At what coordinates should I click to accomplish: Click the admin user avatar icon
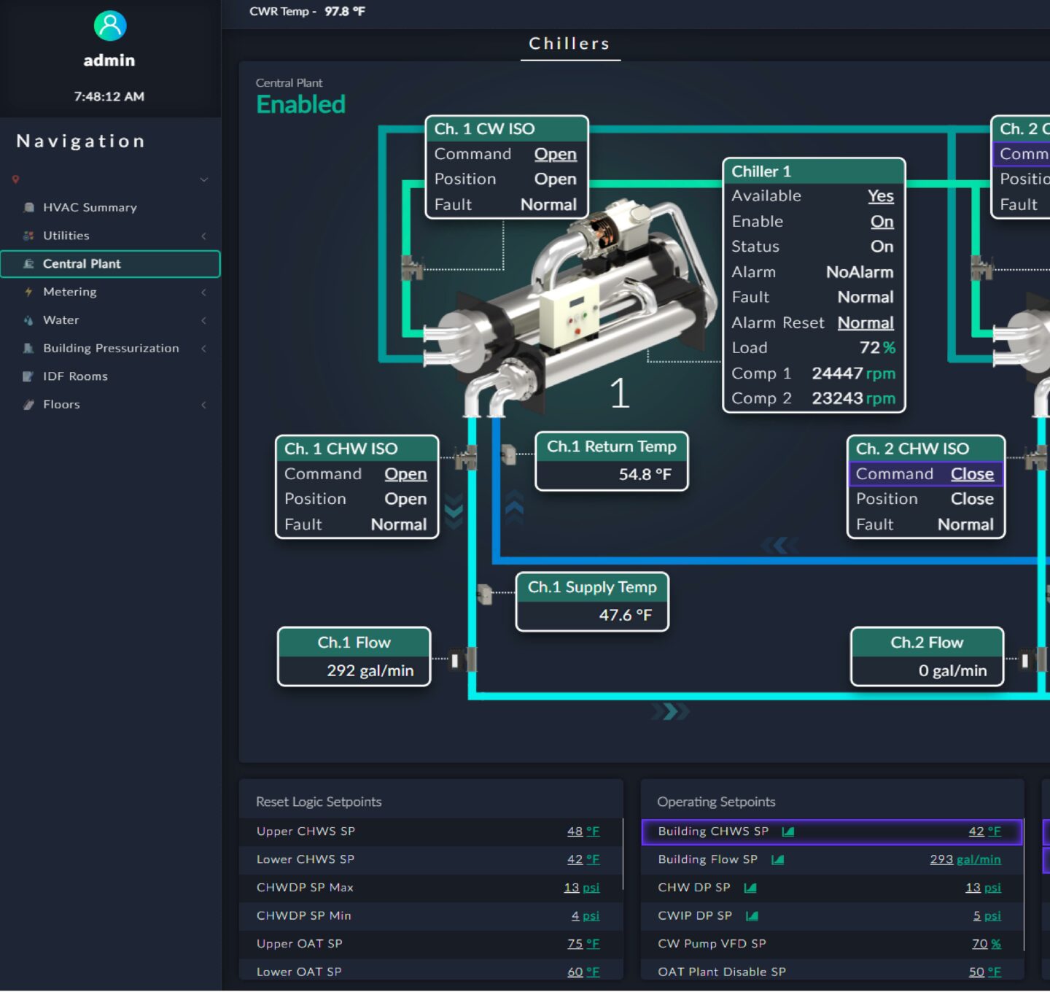tap(110, 26)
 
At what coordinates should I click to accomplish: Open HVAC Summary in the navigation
tap(90, 207)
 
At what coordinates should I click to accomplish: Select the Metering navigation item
tap(70, 292)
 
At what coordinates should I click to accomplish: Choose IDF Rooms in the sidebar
tap(75, 376)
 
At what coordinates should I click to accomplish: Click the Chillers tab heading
tap(569, 43)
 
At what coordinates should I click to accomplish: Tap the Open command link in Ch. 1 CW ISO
tap(555, 154)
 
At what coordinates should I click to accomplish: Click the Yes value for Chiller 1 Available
tap(880, 195)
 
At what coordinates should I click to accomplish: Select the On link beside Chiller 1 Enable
tap(882, 221)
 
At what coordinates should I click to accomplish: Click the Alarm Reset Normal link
tap(866, 322)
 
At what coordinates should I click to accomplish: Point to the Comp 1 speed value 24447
tap(837, 373)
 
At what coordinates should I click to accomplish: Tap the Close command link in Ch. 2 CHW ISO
tap(972, 474)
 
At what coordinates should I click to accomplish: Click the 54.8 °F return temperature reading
tap(645, 474)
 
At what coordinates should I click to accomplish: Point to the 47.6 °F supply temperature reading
tap(626, 615)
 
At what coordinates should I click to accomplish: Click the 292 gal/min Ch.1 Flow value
tap(370, 670)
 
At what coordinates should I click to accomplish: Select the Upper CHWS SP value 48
tap(575, 831)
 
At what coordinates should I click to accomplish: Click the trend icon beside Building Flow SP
tap(777, 859)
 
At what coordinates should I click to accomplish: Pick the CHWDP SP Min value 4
tap(575, 916)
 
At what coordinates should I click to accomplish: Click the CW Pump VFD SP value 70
tap(979, 944)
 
